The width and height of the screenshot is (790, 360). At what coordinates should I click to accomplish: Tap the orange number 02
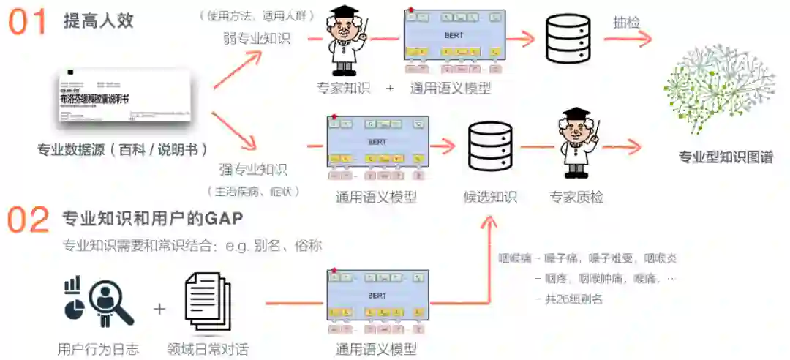click(29, 220)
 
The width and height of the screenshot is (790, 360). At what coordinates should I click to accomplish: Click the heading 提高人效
click(99, 20)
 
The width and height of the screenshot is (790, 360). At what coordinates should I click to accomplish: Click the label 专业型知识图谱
click(726, 157)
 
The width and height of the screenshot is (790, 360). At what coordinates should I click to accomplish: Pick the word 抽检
click(626, 23)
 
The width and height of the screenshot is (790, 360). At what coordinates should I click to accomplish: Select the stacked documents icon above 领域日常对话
click(207, 300)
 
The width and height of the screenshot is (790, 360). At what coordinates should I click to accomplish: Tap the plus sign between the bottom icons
click(159, 308)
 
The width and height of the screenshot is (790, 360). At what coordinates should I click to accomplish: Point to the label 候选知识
click(490, 197)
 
